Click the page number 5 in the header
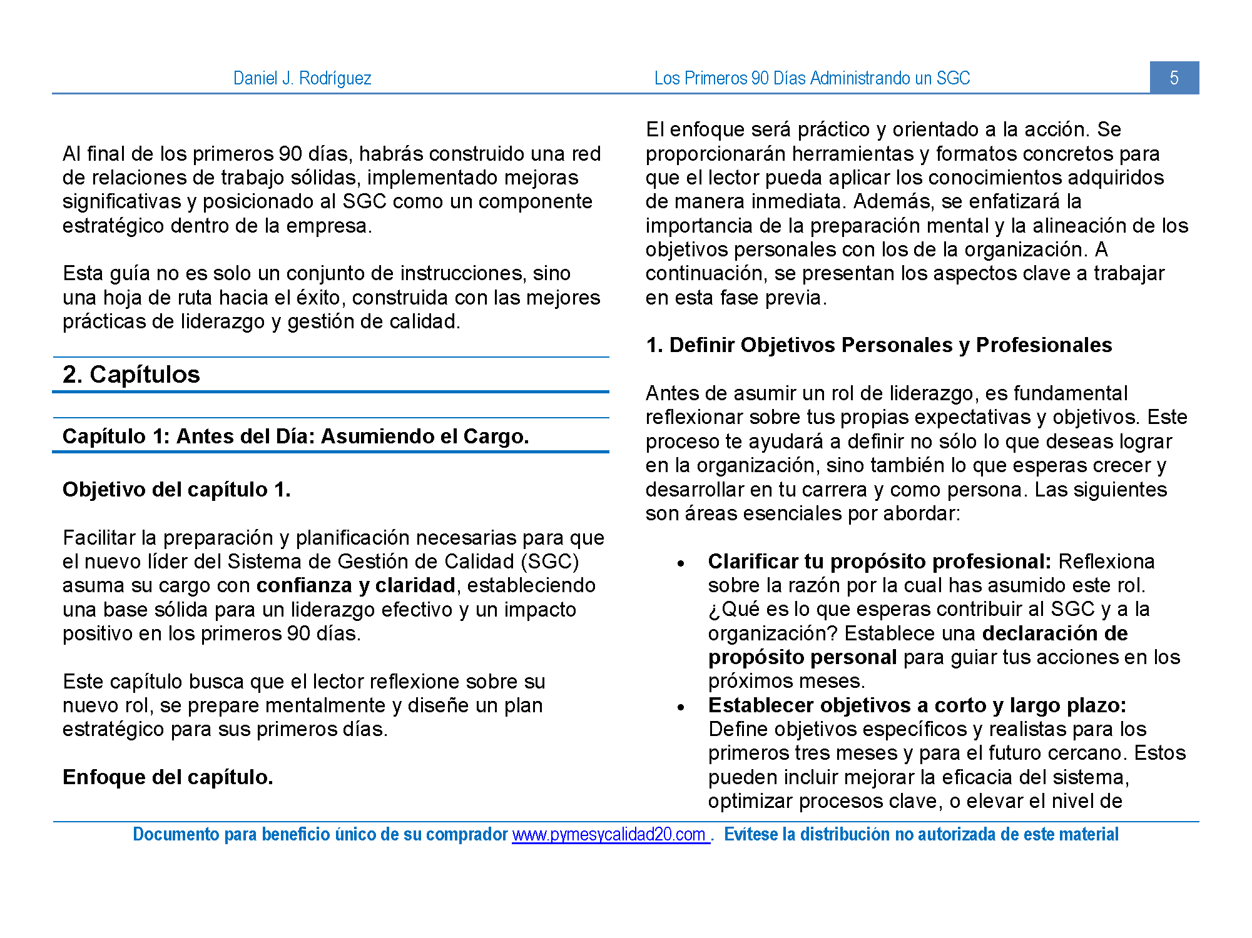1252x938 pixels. tap(1174, 78)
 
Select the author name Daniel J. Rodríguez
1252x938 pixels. tap(302, 78)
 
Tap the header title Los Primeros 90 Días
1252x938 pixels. tap(812, 78)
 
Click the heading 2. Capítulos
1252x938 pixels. tap(131, 375)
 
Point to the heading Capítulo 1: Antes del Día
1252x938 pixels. tap(295, 436)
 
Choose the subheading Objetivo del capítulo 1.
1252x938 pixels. tap(176, 490)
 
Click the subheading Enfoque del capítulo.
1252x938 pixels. tap(168, 777)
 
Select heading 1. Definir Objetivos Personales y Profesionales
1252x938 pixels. tap(878, 345)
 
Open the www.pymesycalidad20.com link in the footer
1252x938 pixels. tap(610, 835)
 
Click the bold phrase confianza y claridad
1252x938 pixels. tap(355, 585)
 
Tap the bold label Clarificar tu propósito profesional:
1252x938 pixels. tap(879, 562)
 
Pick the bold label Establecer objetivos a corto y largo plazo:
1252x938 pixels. tap(917, 705)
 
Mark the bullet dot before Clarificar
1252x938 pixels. tap(681, 564)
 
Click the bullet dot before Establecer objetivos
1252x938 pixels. tap(681, 708)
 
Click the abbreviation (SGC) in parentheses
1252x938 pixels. tap(550, 562)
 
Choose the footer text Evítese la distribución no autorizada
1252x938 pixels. tap(921, 835)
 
